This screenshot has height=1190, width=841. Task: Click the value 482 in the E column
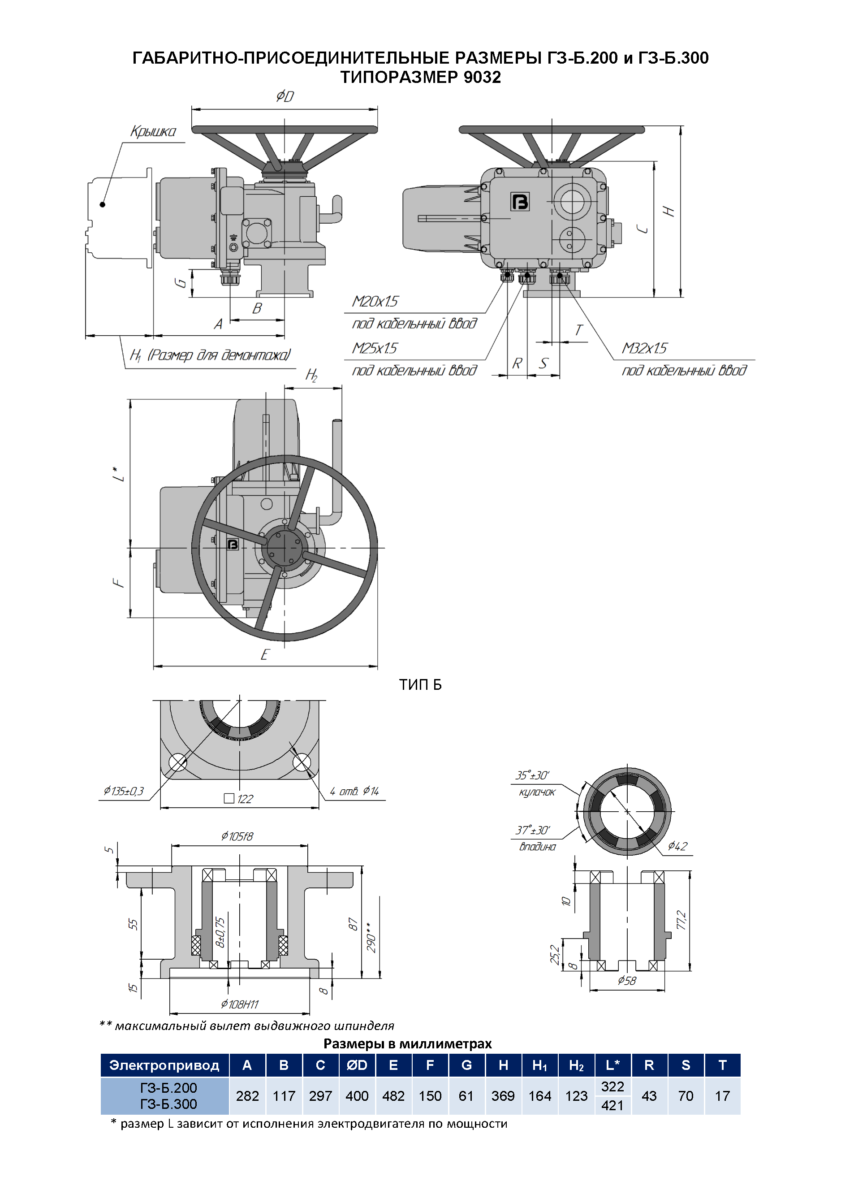pos(393,1096)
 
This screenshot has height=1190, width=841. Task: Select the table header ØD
pos(357,1065)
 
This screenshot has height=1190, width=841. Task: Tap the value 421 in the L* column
pos(612,1106)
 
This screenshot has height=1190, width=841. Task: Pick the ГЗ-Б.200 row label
pos(168,1087)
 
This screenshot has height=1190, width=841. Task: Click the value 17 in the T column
pos(722,1096)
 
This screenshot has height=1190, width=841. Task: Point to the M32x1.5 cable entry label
pos(644,348)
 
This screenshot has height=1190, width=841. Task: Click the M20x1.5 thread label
pos(375,302)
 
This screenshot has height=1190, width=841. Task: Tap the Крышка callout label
pos(153,132)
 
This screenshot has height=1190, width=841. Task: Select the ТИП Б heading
pos(420,685)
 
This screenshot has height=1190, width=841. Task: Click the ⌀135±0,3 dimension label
pos(123,791)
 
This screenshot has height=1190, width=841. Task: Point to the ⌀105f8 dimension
pos(237,836)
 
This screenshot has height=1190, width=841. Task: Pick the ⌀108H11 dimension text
pos(239,1004)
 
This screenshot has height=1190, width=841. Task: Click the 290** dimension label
pos(371,937)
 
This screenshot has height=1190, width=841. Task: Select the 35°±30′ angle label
pos(532,775)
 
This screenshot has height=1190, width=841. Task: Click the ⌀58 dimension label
pos(626,981)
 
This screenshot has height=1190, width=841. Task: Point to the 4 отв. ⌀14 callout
pos(354,791)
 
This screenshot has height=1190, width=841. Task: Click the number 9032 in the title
pos(482,77)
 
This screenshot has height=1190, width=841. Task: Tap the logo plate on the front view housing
pos(520,202)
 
